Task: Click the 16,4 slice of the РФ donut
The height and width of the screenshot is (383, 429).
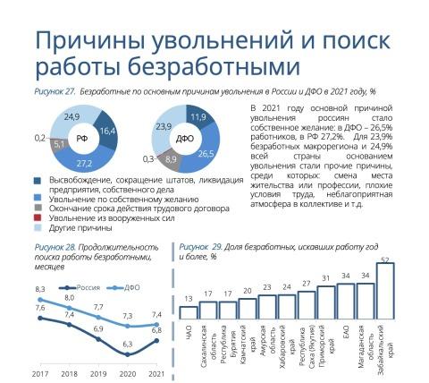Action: coord(107,131)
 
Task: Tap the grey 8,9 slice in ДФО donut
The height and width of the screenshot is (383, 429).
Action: coord(171,159)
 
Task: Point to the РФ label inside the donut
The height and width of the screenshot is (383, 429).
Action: coord(82,139)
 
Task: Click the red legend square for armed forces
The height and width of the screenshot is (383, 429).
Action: coord(38,217)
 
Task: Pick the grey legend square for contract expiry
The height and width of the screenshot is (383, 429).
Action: coord(38,208)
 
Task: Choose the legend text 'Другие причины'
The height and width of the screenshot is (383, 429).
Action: coord(80,228)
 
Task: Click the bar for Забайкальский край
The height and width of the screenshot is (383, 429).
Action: coord(385,291)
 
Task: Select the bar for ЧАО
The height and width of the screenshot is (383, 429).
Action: coord(189,312)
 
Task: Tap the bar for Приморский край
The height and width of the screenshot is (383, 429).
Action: coord(326,302)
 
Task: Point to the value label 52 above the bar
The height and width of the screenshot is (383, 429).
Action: coord(385,260)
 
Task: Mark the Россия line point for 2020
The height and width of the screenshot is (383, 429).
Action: coord(128,354)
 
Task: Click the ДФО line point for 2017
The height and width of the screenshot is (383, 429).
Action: coord(40,300)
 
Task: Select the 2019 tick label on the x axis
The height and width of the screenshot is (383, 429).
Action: coord(98,374)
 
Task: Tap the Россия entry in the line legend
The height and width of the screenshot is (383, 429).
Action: coord(80,288)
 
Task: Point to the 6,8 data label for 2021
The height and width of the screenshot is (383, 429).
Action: coord(156,330)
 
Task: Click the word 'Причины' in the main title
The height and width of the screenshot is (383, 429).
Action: coord(91,42)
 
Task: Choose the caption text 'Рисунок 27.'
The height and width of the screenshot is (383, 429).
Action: coord(54,91)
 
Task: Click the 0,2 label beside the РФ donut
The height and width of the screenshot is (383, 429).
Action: coord(40,138)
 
